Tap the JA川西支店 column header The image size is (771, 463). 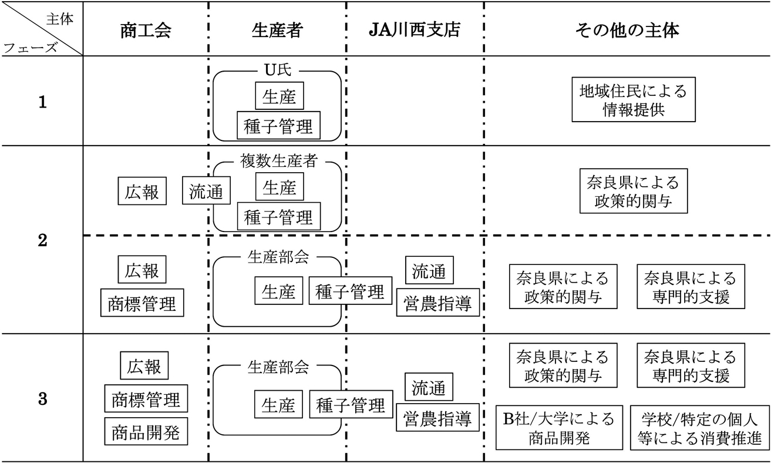tap(415, 31)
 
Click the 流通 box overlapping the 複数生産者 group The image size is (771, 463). tap(206, 192)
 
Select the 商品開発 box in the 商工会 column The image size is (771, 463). tap(146, 432)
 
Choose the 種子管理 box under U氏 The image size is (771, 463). tap(278, 126)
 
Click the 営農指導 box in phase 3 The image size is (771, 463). tap(437, 418)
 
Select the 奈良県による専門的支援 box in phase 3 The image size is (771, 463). tap(689, 366)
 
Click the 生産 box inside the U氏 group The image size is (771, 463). tap(280, 97)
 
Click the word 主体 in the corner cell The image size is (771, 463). tap(60, 18)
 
